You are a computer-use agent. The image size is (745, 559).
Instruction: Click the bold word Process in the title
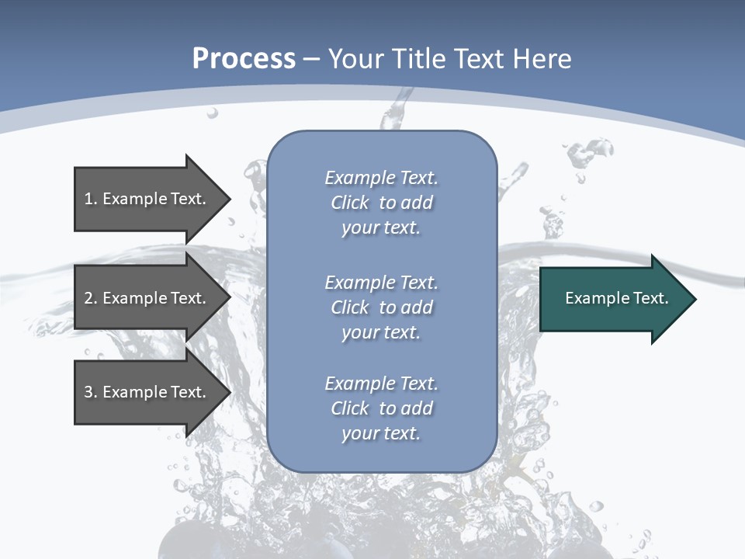[x=244, y=59]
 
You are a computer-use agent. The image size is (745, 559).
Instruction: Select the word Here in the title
[x=543, y=59]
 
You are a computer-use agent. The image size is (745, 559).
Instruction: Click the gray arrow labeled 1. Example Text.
[x=147, y=199]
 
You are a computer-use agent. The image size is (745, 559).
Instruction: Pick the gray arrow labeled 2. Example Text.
[x=147, y=298]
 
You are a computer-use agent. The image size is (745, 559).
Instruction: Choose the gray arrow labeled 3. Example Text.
[x=147, y=392]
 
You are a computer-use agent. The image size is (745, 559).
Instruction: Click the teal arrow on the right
[x=613, y=298]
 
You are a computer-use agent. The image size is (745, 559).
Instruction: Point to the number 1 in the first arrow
[x=89, y=199]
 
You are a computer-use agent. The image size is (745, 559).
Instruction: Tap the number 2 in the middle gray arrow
[x=89, y=298]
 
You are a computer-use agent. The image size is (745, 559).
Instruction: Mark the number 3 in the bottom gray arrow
[x=89, y=392]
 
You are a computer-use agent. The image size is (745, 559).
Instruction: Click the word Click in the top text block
[x=350, y=203]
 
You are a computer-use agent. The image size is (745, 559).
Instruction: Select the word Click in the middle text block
[x=350, y=307]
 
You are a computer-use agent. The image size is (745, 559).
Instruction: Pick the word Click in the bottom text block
[x=350, y=408]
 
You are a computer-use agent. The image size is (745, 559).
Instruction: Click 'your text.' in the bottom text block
[x=381, y=433]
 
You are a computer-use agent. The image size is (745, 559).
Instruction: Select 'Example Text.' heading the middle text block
[x=381, y=283]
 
